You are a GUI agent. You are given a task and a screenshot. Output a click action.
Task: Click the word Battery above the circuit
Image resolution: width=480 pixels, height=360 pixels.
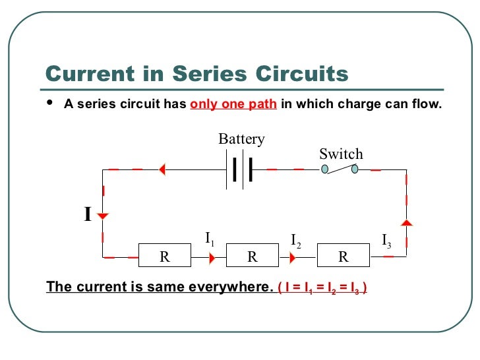click(x=241, y=139)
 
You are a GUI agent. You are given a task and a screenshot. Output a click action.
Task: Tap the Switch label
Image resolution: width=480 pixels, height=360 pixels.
click(x=341, y=154)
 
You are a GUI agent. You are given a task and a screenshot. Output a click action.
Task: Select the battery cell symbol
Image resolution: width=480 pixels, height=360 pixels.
click(x=242, y=170)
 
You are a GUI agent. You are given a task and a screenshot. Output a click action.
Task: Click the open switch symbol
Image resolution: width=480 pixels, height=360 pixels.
click(x=340, y=169)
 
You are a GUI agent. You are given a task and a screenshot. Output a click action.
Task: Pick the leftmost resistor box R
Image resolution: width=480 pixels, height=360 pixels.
click(x=165, y=256)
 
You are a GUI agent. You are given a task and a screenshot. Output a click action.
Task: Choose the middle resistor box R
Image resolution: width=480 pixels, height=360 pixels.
click(x=253, y=256)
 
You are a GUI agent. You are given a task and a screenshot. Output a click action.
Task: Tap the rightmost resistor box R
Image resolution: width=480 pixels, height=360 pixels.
click(x=343, y=256)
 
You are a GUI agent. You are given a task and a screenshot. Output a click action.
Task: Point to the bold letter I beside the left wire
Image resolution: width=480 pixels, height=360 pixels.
click(x=87, y=215)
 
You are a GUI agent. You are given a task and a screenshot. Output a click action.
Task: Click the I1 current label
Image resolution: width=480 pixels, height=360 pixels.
click(x=210, y=239)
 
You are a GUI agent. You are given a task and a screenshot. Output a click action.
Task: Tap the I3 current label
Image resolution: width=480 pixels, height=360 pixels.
click(x=387, y=240)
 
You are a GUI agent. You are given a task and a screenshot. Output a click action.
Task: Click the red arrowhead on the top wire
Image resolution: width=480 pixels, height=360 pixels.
click(x=161, y=170)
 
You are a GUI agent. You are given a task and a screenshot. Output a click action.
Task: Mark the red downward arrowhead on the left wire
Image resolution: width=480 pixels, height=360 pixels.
click(x=103, y=216)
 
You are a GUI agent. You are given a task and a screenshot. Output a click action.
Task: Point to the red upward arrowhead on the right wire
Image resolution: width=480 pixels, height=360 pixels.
click(x=406, y=223)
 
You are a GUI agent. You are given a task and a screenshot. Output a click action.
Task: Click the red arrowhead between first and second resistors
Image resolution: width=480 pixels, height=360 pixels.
click(x=211, y=256)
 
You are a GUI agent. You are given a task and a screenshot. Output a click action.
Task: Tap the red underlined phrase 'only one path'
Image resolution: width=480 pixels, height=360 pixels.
click(x=233, y=104)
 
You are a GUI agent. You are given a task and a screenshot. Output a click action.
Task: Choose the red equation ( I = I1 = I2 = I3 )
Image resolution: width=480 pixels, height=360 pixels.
click(x=322, y=288)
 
